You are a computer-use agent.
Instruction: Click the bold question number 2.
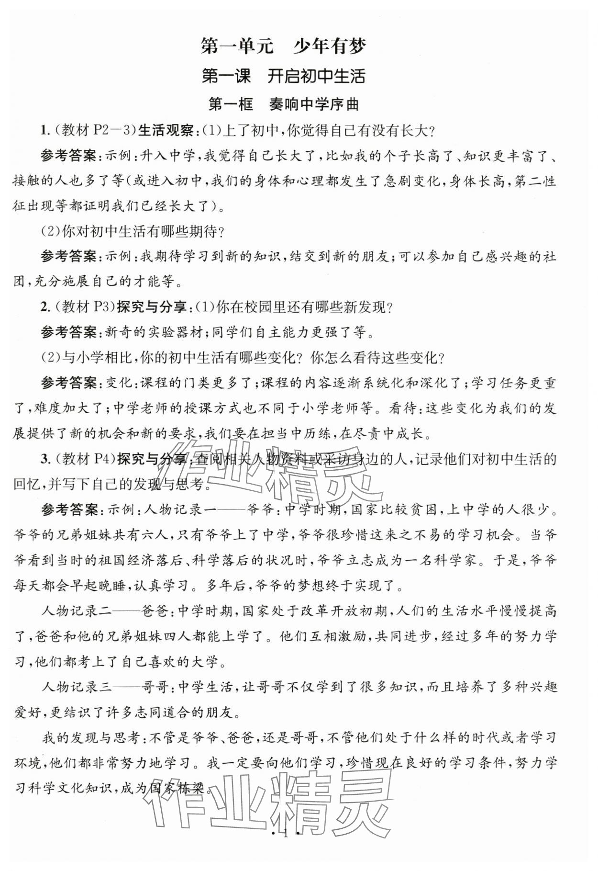tap(44, 307)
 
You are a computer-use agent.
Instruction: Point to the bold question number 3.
tap(44, 459)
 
